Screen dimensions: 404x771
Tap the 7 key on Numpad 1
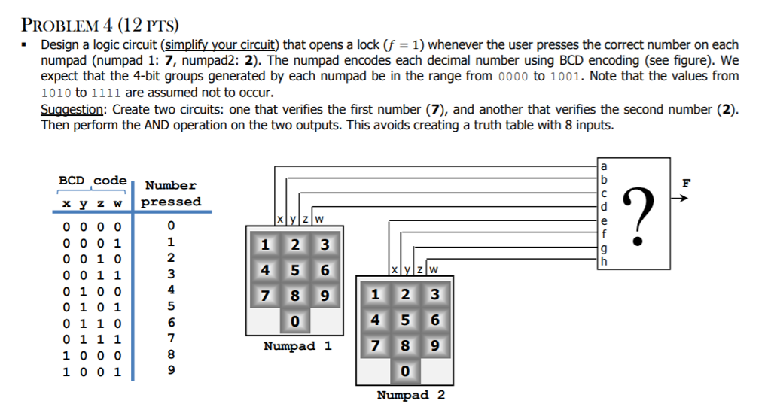pyautogui.click(x=264, y=294)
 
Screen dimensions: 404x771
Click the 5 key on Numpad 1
pyautogui.click(x=294, y=269)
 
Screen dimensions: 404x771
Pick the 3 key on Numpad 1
pyautogui.click(x=325, y=245)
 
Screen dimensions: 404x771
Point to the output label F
pyautogui.click(x=685, y=182)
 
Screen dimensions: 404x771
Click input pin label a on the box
pyautogui.click(x=602, y=167)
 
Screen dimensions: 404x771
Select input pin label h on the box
pyautogui.click(x=602, y=261)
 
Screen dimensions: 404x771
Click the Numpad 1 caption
pyautogui.click(x=297, y=346)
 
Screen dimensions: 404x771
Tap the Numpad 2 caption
pyautogui.click(x=410, y=395)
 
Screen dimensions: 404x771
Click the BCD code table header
pyautogui.click(x=93, y=181)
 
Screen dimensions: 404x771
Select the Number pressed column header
pyautogui.click(x=171, y=193)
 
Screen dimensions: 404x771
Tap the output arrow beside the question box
pyautogui.click(x=679, y=200)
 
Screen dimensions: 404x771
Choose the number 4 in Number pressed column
pyautogui.click(x=171, y=289)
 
